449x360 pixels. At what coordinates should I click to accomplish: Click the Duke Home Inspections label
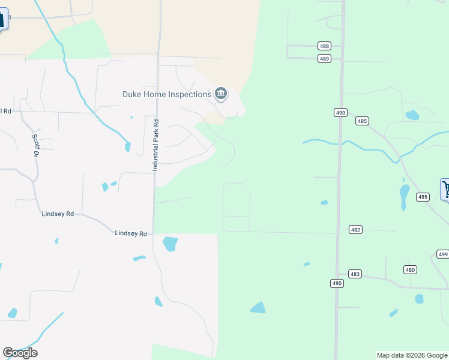pos(166,94)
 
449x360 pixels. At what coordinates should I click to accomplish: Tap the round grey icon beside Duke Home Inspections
pos(221,94)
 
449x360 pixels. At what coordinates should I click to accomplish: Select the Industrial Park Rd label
pos(155,145)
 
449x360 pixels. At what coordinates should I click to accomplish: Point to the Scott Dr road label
pos(36,145)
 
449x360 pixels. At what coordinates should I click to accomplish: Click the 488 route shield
pos(324,46)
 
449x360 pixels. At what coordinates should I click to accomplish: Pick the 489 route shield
pos(324,58)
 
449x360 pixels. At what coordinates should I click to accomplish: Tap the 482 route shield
pos(355,230)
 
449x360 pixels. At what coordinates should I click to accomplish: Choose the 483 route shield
pos(355,274)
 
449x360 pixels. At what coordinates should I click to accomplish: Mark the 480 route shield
pos(410,269)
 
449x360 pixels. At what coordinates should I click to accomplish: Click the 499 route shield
pos(442,254)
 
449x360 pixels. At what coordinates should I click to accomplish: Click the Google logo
pos(20,352)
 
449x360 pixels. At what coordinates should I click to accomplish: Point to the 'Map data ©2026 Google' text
pos(411,355)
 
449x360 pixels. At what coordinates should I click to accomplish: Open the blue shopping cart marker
pos(445,188)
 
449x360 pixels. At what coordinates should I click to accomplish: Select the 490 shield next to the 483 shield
pos(337,283)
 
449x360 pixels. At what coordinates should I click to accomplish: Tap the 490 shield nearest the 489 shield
pos(340,113)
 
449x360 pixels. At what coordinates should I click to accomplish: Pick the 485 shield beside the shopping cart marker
pos(423,197)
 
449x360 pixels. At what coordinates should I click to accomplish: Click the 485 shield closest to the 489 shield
pos(361,121)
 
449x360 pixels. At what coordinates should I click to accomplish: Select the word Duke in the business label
pos(132,94)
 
